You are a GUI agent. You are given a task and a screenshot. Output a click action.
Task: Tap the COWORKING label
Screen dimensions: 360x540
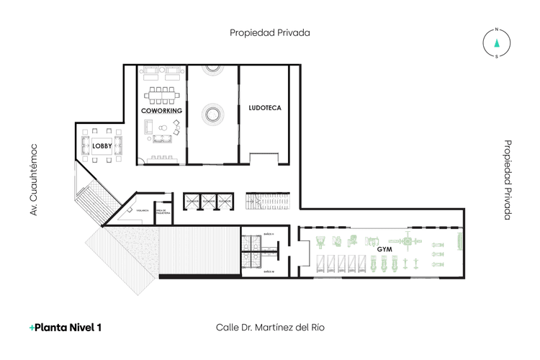pyautogui.click(x=161, y=112)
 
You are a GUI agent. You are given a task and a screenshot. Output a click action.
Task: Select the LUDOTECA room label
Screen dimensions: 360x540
pyautogui.click(x=264, y=108)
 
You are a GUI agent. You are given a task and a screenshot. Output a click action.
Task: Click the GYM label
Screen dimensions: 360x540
pyautogui.click(x=384, y=248)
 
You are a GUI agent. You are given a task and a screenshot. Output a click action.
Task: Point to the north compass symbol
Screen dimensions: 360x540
pyautogui.click(x=496, y=42)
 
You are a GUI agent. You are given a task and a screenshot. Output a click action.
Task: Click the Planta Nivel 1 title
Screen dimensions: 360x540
pyautogui.click(x=66, y=327)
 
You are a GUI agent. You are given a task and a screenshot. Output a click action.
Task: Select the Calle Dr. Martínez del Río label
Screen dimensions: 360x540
pyautogui.click(x=270, y=327)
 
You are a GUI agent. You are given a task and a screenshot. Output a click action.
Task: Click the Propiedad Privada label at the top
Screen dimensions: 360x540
pyautogui.click(x=270, y=32)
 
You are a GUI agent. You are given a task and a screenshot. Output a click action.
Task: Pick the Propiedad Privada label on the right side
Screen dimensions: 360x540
pyautogui.click(x=507, y=179)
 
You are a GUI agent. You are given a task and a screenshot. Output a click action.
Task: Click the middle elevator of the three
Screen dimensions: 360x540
pyautogui.click(x=208, y=202)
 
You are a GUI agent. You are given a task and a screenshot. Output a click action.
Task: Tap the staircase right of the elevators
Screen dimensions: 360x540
pyautogui.click(x=268, y=202)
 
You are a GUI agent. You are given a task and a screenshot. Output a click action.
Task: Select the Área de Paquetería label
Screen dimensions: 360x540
pyautogui.click(x=163, y=212)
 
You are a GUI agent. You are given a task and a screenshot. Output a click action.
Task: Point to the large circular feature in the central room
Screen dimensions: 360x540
pyautogui.click(x=213, y=114)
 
